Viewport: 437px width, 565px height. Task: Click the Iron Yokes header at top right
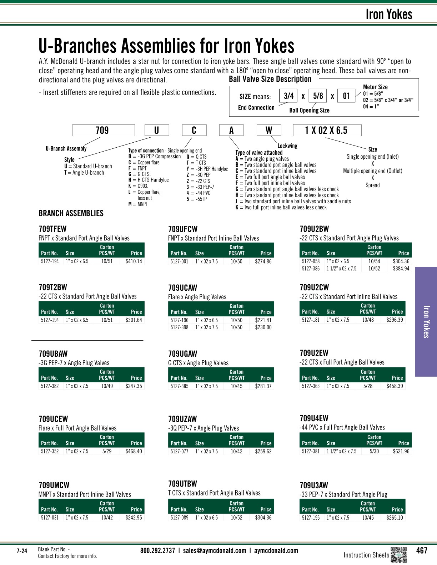coord(388,15)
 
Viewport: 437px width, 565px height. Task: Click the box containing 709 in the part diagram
coord(103,130)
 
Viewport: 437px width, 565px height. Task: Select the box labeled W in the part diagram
coord(269,130)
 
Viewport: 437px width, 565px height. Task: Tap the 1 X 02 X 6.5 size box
coord(327,130)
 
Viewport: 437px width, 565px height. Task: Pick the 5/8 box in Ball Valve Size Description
coord(317,96)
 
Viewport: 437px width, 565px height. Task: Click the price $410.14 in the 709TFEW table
coord(134,261)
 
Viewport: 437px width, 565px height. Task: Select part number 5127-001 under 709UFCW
coord(179,261)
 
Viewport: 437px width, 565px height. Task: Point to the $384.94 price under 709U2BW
coord(401,268)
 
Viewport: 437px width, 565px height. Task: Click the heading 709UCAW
coord(182,288)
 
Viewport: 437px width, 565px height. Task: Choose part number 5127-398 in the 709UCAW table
coord(179,327)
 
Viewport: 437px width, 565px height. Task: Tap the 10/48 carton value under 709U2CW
coord(368,320)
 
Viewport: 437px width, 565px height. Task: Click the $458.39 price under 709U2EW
coord(395,386)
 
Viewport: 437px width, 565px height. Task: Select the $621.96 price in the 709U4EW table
coord(401,451)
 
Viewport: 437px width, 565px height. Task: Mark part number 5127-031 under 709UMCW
coord(50,518)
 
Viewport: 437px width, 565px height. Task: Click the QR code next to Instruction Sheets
coord(399,555)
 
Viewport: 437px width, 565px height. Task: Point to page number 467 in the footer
coord(422,550)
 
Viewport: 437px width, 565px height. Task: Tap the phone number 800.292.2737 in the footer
coord(157,550)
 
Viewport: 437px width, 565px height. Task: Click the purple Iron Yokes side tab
coord(426,321)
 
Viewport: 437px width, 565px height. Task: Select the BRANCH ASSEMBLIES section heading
coord(71,213)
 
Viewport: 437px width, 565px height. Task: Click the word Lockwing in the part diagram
coord(287,146)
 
